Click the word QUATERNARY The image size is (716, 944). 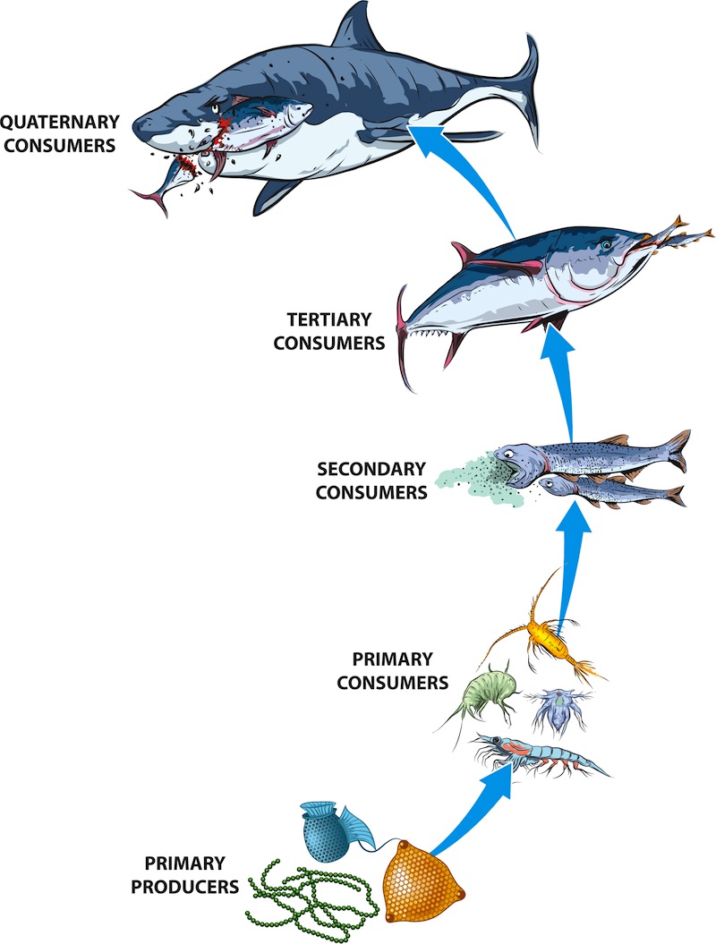(60, 123)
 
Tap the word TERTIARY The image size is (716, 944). (328, 319)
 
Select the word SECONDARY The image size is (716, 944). (371, 468)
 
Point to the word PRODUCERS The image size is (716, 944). (185, 886)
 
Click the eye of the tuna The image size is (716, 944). (606, 245)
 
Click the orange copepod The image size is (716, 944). (545, 638)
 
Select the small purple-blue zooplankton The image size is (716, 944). (557, 710)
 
